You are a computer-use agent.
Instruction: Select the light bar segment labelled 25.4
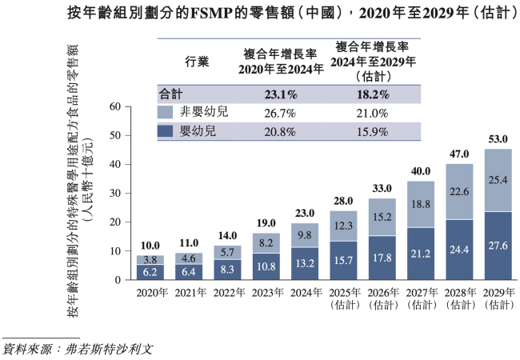[499, 180]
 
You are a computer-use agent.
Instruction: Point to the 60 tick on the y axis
[114, 106]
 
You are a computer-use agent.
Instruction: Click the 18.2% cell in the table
[371, 94]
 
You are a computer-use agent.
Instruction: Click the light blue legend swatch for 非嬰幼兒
[166, 113]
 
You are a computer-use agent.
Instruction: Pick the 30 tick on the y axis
[114, 193]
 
